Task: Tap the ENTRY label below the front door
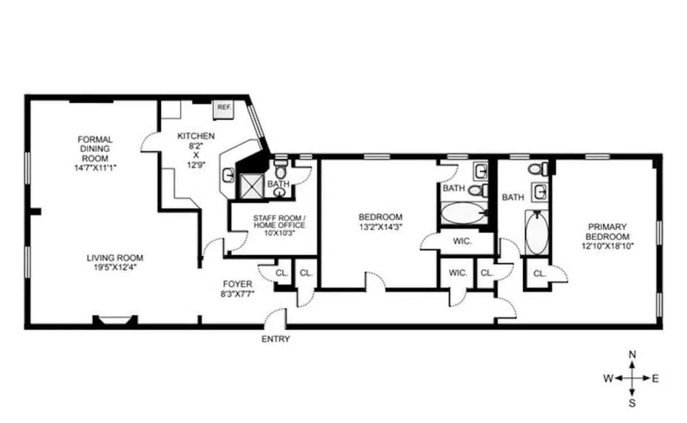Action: (276, 339)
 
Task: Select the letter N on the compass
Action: (632, 354)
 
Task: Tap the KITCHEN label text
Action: (196, 136)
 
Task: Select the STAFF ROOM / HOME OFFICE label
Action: (279, 222)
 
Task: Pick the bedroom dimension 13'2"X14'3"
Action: (380, 226)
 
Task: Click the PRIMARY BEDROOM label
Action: (607, 231)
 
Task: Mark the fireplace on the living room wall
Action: (115, 320)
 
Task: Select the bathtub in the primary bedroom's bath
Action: (536, 232)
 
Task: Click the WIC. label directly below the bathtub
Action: (462, 241)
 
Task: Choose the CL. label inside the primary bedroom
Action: (539, 274)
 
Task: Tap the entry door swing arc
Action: (276, 315)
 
